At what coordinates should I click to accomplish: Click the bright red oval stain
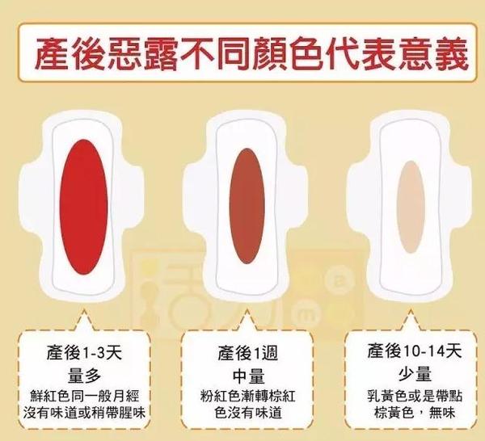pyautogui.click(x=84, y=206)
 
